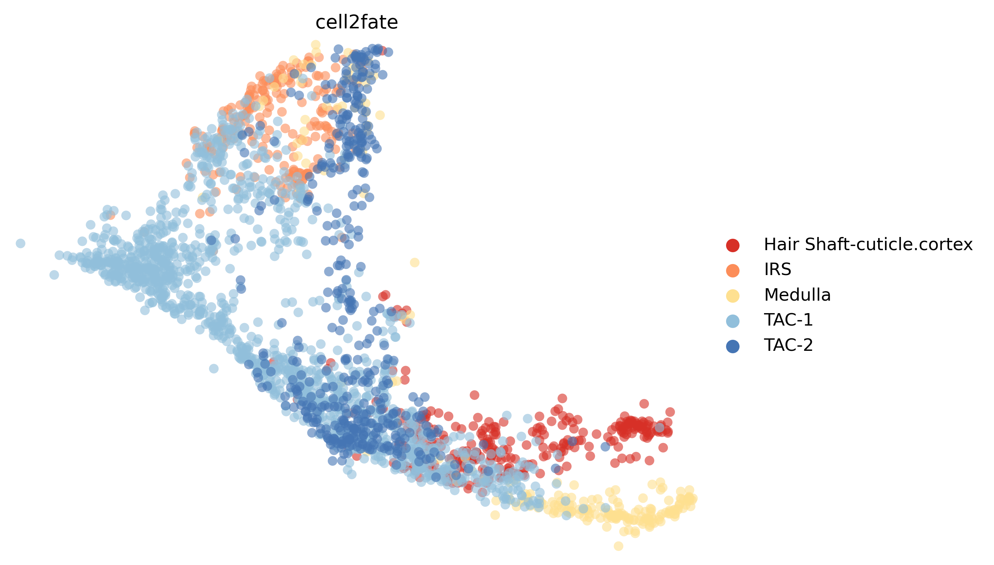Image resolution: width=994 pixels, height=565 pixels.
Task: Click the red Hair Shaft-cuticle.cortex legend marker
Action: click(x=732, y=245)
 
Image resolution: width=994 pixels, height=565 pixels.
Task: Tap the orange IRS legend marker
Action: click(x=732, y=271)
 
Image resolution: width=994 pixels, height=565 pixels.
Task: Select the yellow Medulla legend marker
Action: click(x=732, y=296)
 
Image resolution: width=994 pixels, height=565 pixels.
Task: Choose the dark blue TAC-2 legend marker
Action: click(x=732, y=346)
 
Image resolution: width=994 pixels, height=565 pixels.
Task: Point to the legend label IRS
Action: click(x=777, y=270)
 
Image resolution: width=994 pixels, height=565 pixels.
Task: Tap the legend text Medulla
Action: click(x=797, y=295)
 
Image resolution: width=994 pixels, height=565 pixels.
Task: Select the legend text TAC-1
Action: click(x=788, y=320)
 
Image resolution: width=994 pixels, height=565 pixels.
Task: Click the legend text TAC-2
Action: click(x=788, y=345)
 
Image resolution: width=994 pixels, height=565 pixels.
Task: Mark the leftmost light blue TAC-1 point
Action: click(x=20, y=243)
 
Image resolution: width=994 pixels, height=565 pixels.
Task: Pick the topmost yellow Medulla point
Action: click(x=316, y=45)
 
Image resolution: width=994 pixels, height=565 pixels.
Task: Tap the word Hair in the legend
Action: click(x=779, y=245)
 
